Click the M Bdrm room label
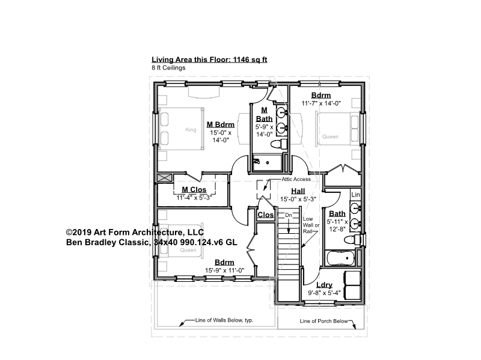(x=220, y=124)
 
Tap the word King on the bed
(x=191, y=130)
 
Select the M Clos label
(x=194, y=189)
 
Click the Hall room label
(x=298, y=191)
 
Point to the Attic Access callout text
(x=296, y=179)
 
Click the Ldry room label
(x=324, y=285)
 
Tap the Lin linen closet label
(x=355, y=194)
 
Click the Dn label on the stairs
(x=289, y=215)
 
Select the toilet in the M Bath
(x=279, y=144)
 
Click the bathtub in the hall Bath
(x=341, y=258)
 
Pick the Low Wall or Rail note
(x=311, y=225)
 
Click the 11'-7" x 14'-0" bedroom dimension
(x=321, y=103)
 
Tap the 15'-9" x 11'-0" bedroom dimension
(x=224, y=270)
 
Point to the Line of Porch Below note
(x=323, y=321)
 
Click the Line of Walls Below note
(x=224, y=320)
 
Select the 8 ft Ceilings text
(x=168, y=67)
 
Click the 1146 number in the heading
(x=242, y=59)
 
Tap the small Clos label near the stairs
(x=265, y=215)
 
